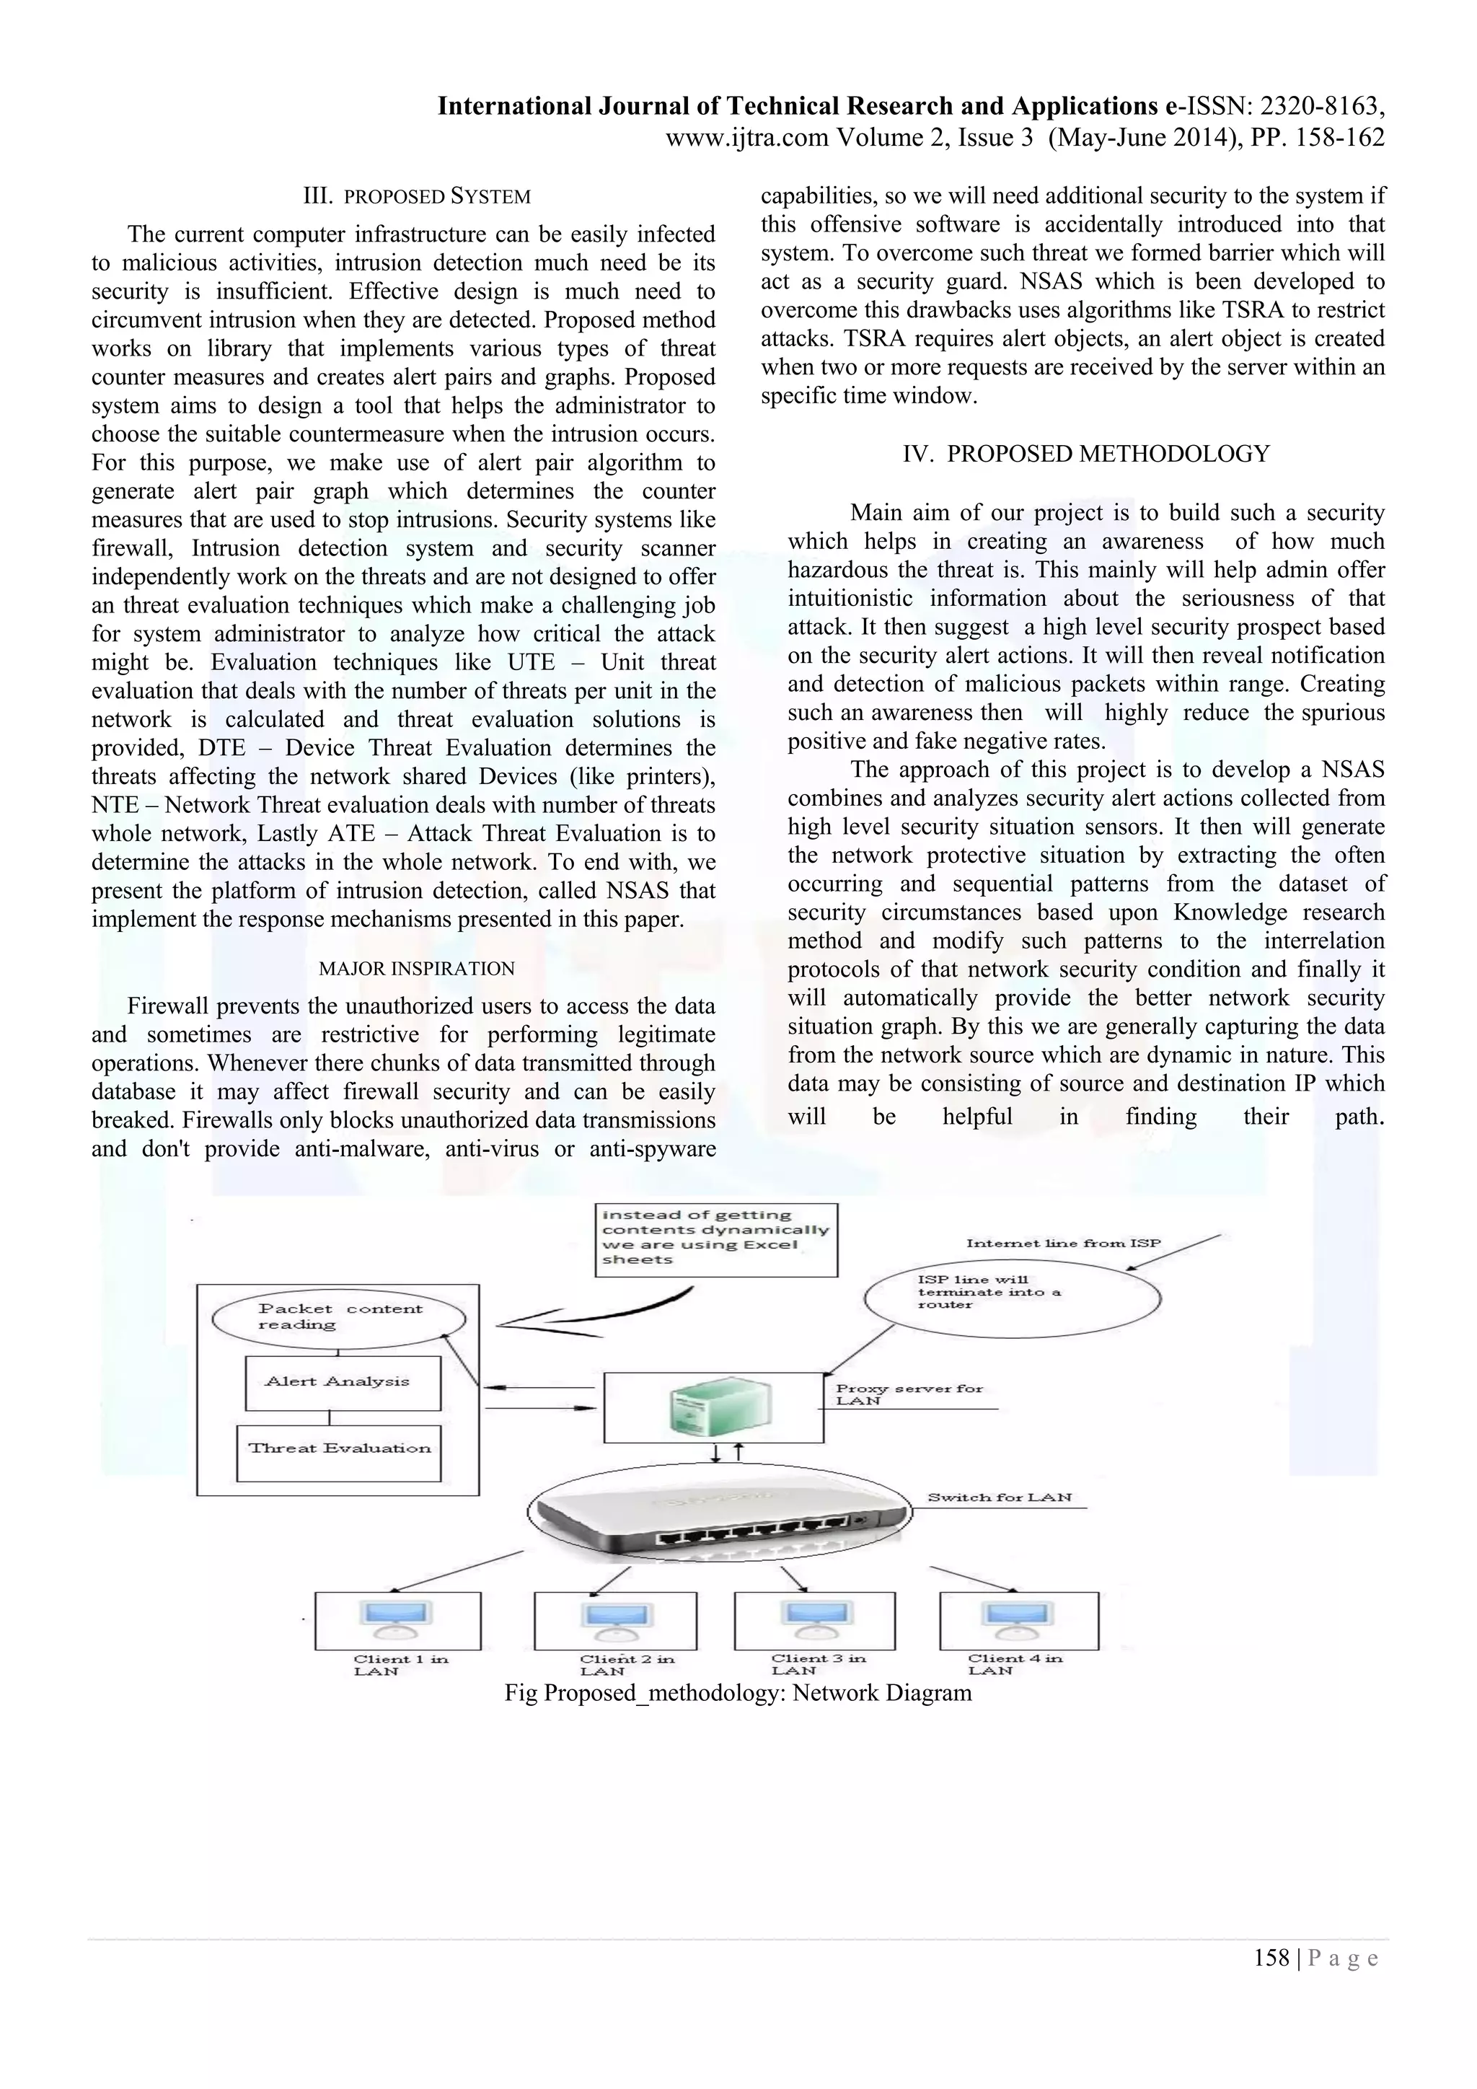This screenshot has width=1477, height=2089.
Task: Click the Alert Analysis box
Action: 343,1382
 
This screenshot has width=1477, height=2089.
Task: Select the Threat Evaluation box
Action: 338,1448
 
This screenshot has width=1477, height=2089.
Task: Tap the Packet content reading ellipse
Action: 338,1317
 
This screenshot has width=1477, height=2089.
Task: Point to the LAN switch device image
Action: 718,1517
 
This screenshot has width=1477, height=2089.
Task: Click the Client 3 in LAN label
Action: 818,1664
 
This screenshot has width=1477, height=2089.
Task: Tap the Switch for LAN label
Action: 999,1498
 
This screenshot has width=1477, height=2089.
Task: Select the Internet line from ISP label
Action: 1062,1243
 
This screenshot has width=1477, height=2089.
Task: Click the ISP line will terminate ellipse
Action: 1011,1296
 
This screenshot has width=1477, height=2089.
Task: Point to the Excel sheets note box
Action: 715,1239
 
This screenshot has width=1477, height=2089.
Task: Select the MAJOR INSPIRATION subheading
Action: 417,969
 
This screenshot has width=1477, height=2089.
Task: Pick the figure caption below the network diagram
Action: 738,1693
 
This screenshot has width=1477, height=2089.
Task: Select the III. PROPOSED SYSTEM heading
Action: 417,196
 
